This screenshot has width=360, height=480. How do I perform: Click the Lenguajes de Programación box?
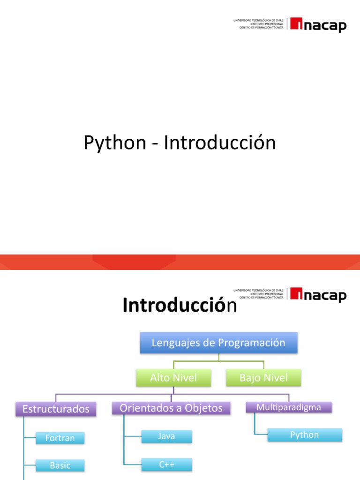tap(218, 343)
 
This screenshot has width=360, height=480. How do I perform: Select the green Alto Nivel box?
tap(173, 378)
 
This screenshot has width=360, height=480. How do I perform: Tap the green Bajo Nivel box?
tap(263, 378)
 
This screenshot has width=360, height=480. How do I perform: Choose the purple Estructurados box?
tap(56, 409)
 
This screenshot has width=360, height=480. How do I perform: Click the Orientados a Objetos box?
tap(171, 408)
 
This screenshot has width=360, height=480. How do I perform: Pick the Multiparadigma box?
tap(289, 407)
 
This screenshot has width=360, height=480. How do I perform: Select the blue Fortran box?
tap(60, 438)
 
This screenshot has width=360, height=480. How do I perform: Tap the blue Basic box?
tap(60, 465)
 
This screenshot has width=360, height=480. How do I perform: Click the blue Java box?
tap(166, 436)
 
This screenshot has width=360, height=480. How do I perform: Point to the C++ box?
tap(166, 465)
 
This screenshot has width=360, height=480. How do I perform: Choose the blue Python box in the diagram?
tap(304, 435)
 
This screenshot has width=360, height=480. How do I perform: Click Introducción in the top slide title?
tap(219, 143)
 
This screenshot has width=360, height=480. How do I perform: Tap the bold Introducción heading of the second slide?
tap(180, 306)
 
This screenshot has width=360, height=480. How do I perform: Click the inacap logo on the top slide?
tap(318, 24)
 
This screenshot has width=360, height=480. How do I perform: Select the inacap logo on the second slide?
tap(318, 295)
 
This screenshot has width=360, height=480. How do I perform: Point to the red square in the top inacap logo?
tap(296, 23)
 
